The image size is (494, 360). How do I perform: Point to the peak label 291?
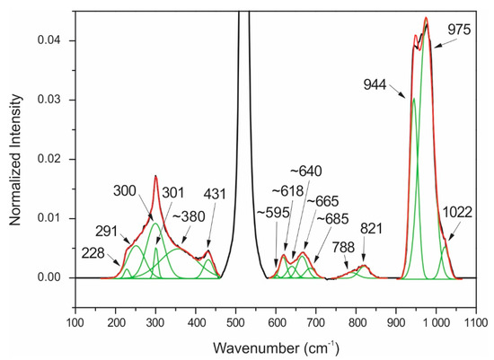(x=112, y=229)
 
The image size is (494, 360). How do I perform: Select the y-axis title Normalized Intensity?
(x=12, y=158)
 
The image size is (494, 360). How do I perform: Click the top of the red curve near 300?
(x=155, y=176)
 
